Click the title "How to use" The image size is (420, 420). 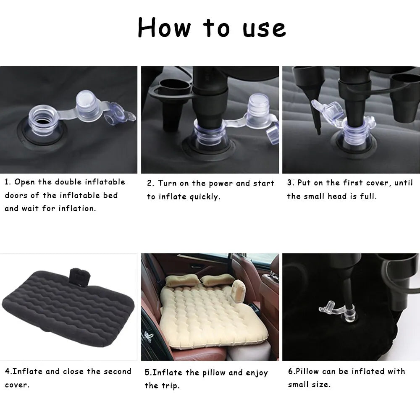211,29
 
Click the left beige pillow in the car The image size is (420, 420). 180,281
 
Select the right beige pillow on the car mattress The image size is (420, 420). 217,280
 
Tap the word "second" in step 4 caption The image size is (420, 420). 116,372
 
